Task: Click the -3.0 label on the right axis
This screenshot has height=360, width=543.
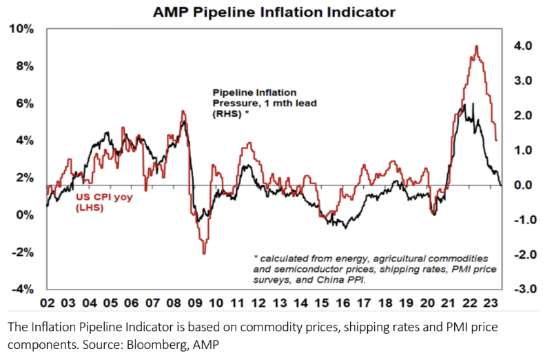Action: coord(520,289)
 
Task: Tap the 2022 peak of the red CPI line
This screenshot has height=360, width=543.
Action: coord(477,46)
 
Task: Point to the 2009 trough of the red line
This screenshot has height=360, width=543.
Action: coord(204,254)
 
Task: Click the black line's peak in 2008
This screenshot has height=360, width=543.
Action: coord(184,121)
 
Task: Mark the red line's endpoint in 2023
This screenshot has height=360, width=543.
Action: coord(497,141)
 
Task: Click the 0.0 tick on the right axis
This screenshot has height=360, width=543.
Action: coord(522,185)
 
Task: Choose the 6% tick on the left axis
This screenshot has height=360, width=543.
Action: coord(23,103)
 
